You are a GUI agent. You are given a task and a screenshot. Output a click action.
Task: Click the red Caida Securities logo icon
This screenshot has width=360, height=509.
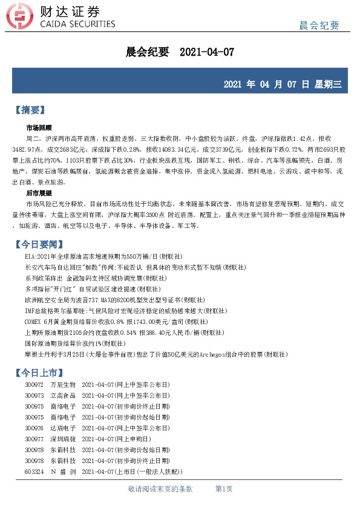21,18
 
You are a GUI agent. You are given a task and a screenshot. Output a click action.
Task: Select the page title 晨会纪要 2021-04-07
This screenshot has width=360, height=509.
179,53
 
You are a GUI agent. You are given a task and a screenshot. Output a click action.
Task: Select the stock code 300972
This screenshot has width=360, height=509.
34,384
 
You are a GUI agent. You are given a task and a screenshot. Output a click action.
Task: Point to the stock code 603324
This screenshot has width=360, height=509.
34,471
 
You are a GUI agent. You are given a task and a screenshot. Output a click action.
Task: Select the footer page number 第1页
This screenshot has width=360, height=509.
224,488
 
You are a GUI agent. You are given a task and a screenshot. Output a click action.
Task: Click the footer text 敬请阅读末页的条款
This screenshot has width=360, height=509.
160,488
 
